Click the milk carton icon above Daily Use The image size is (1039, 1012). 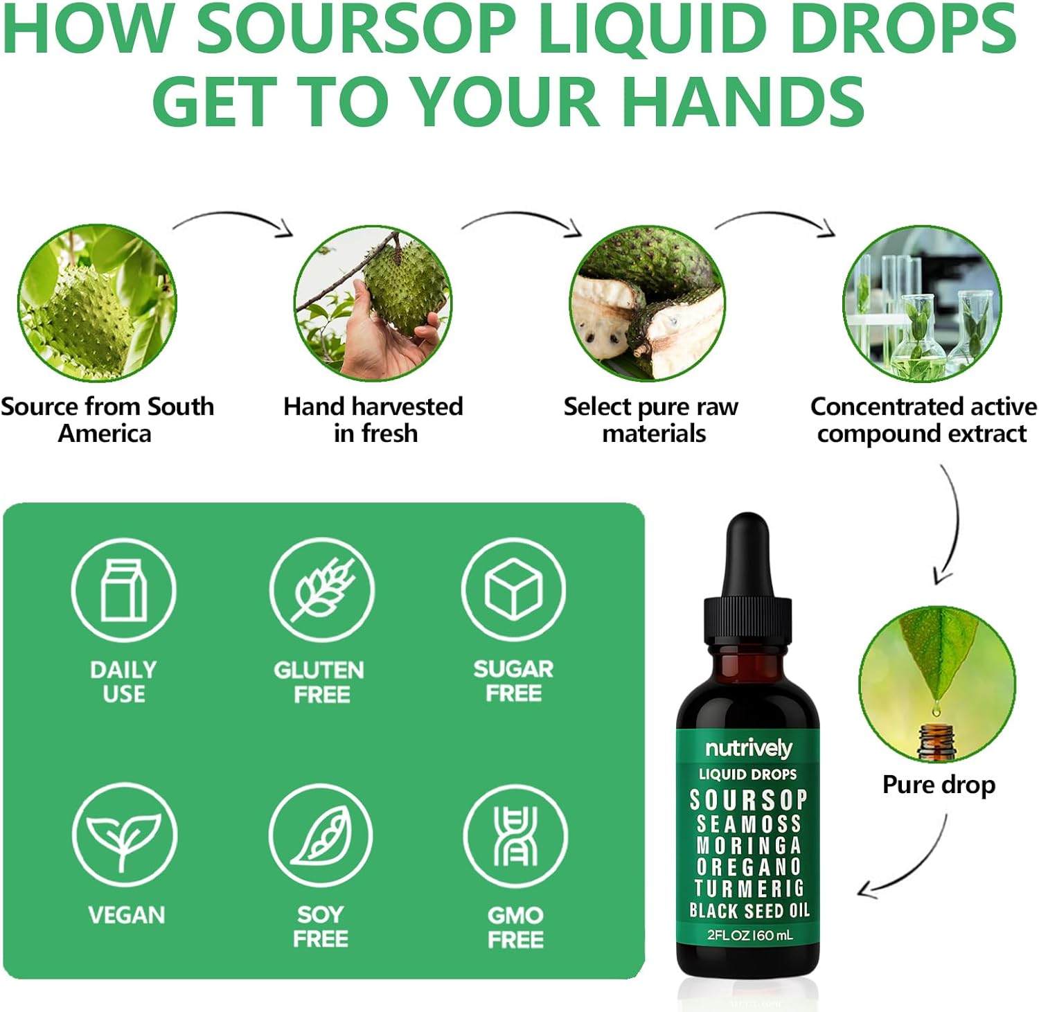coord(123,590)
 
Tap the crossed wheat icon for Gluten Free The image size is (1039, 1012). coord(321,590)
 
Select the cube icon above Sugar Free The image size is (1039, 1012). coord(513,590)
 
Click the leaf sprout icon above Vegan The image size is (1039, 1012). coord(124,835)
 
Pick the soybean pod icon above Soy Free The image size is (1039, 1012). coord(320,835)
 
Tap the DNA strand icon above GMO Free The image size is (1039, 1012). coord(515,836)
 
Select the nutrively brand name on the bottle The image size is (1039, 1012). coord(748,748)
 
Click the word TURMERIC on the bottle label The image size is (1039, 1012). coord(749,889)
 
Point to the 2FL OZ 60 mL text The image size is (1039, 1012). coord(749,935)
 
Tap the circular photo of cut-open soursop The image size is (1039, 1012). coord(647,303)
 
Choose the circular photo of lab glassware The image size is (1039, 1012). coord(922,303)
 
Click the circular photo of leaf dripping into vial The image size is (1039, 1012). coord(937,684)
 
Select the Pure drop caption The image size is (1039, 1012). coord(939,785)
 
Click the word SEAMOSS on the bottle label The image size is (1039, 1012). coord(749,824)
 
